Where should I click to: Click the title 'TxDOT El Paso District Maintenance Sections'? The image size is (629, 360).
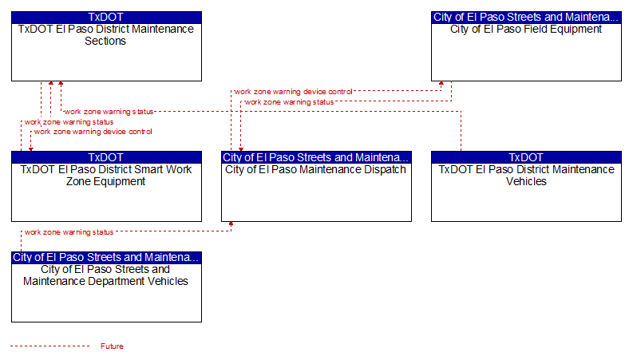point(106,35)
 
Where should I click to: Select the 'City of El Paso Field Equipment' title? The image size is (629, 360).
point(526,30)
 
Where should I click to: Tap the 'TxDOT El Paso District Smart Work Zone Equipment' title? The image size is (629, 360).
point(106,176)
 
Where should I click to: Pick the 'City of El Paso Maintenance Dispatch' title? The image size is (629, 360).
point(316,170)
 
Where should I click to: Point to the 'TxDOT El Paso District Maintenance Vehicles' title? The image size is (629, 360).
point(526,176)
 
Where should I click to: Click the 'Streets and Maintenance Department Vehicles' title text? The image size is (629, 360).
point(105,275)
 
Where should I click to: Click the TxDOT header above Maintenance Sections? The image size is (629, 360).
point(106,18)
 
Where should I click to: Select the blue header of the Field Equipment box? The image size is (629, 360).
point(526,18)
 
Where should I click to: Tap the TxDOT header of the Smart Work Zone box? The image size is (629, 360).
point(106,157)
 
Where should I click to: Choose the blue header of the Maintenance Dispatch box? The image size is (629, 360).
point(317,157)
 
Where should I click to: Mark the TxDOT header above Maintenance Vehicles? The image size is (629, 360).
point(526,157)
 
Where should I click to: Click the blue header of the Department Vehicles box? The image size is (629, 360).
point(106,257)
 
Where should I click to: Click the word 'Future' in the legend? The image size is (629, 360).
point(112,346)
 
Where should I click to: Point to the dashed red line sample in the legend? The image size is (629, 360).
point(50,346)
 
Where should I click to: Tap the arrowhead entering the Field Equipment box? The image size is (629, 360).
point(441,84)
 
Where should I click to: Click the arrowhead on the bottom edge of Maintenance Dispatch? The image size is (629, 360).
point(231,224)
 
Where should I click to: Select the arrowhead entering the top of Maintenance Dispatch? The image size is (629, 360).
point(241,149)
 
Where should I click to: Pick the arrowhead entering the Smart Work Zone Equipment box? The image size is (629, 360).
point(31,149)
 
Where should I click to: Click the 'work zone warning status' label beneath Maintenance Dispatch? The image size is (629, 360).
point(69,232)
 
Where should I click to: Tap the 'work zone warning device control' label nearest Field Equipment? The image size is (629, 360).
point(293,92)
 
